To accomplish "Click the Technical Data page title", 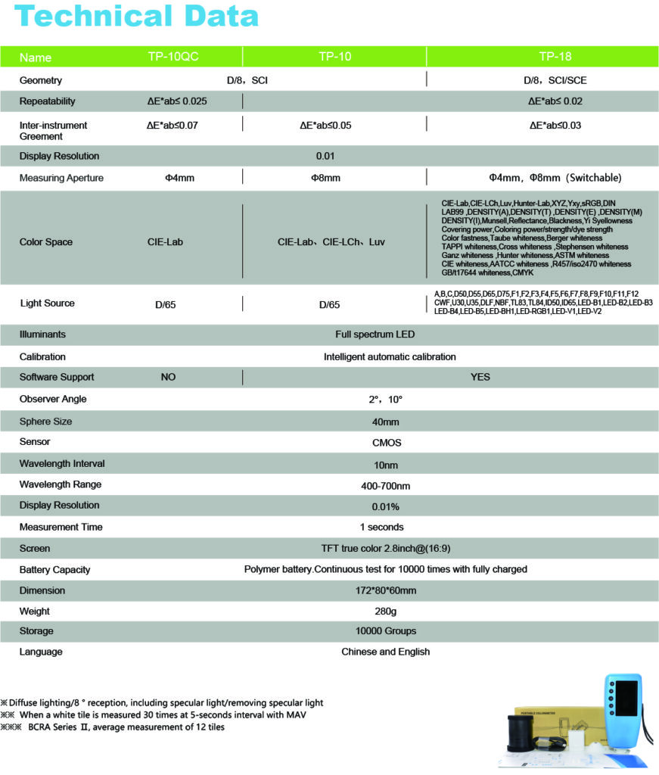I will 136,17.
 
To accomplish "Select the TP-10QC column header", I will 173,57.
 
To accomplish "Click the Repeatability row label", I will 48,101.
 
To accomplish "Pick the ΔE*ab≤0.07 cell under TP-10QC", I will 173,126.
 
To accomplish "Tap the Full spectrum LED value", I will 375,335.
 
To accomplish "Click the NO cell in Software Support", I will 168,377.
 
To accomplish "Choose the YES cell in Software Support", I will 480,377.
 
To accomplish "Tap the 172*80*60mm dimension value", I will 386,590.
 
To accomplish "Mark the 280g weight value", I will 386,611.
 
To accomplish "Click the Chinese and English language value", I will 385,652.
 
